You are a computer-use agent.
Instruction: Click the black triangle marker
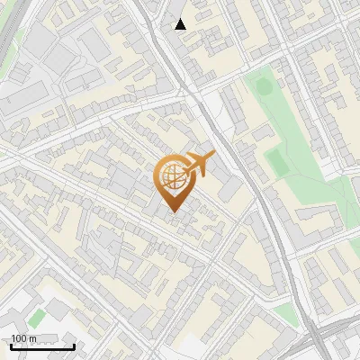[181, 24]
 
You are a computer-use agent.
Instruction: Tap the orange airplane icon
[198, 165]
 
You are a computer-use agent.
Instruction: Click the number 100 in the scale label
[19, 338]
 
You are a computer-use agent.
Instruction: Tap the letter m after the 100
[32, 338]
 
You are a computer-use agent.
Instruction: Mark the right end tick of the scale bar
[74, 346]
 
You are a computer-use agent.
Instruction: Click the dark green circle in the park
[263, 87]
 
